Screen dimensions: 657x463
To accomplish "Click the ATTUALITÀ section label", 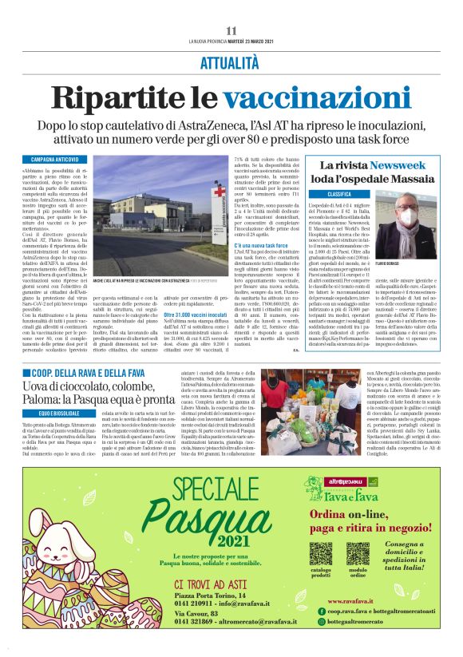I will click(x=231, y=61).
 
